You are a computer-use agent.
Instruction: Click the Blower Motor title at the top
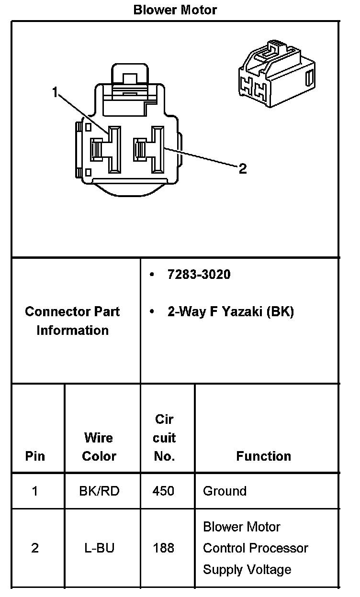pos(175,10)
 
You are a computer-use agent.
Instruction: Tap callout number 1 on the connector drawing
pos(56,92)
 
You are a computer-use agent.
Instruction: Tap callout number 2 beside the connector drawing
pos(243,168)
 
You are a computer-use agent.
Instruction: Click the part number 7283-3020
pos(199,275)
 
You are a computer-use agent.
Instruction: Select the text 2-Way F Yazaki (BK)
pos(230,312)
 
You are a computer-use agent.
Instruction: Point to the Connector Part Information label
pos(72,321)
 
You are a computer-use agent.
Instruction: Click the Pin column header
pos(35,456)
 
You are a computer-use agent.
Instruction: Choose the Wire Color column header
pos(99,447)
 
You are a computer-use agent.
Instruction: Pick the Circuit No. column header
pos(164,438)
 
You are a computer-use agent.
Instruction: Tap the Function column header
pos(263,456)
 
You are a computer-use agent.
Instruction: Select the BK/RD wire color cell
pos(99,491)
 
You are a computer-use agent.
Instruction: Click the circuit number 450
pos(163,491)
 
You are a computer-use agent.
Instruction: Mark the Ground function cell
pos(225,491)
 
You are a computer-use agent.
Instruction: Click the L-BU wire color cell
pos(99,548)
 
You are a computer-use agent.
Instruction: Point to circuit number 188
pos(163,548)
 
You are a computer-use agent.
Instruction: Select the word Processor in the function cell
pos(282,548)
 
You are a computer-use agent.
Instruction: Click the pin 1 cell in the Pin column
pos(35,491)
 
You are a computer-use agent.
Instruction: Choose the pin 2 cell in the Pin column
pos(35,548)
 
